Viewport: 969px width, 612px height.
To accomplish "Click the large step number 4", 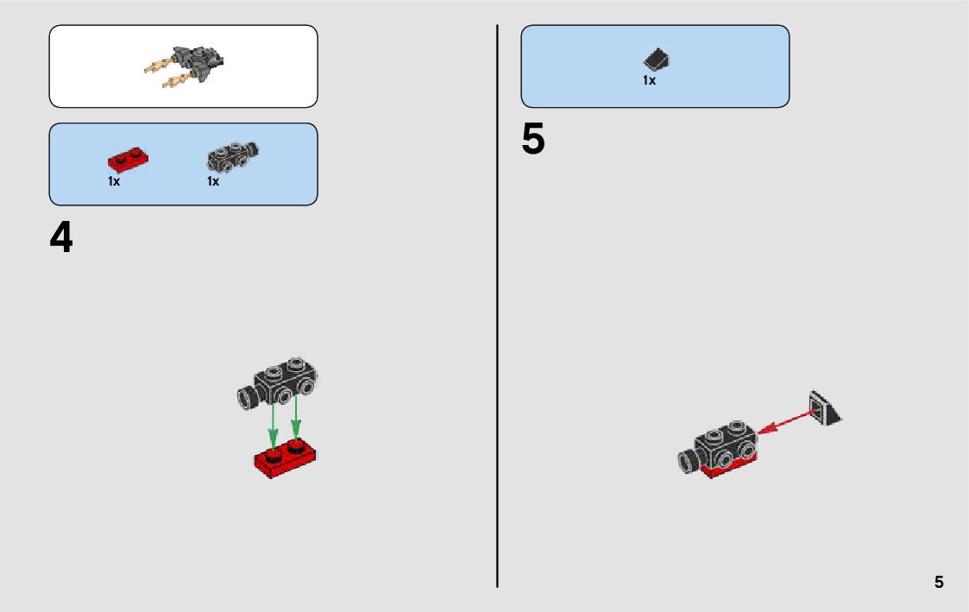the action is coord(61,238).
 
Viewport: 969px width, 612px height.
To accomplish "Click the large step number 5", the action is coord(533,140).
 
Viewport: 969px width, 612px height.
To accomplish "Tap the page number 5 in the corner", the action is coord(939,583).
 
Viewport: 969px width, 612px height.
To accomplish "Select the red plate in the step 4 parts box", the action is coord(128,160).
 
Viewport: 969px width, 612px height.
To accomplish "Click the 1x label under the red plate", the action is coord(114,181).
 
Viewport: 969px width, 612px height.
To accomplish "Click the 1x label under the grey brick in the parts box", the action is coord(213,181).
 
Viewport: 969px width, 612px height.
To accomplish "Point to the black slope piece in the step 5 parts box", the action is coord(658,60).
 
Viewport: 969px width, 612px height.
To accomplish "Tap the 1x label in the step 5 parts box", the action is coord(649,80).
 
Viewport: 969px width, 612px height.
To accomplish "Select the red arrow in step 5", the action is coord(787,422).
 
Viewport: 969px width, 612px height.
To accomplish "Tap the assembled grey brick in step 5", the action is coord(723,445).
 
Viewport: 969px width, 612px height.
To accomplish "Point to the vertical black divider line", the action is coord(498,302).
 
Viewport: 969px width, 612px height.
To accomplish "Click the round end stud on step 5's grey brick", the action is coord(688,462).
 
